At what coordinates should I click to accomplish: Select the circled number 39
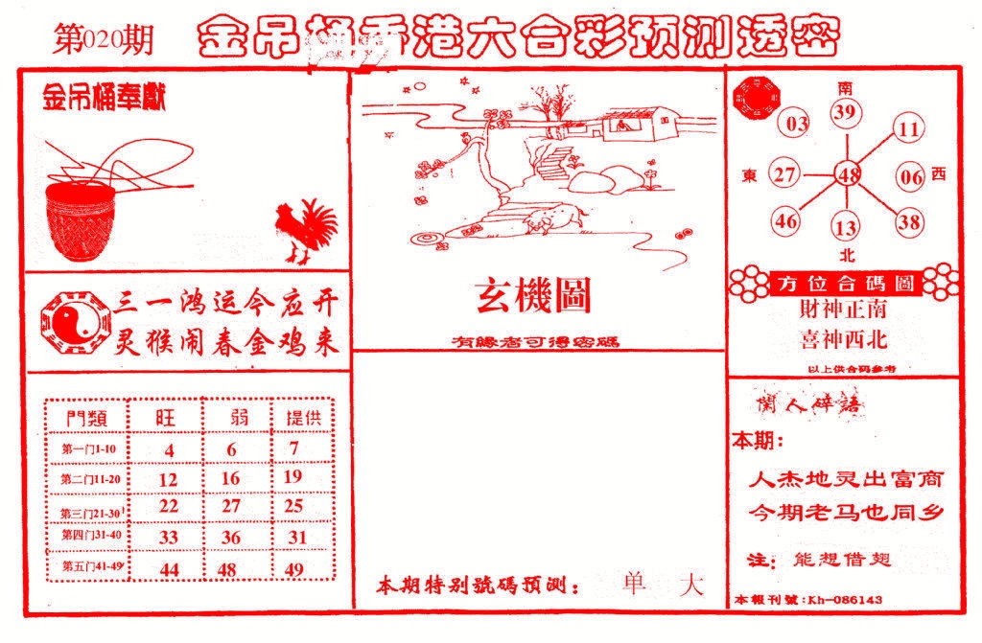(x=845, y=113)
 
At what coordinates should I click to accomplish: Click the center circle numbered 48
(x=847, y=174)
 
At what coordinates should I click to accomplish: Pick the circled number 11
(x=909, y=128)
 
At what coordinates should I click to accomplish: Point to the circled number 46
(x=786, y=221)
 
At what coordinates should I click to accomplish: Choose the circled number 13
(x=845, y=227)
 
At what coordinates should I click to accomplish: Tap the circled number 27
(x=785, y=175)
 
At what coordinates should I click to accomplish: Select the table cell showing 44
(x=169, y=569)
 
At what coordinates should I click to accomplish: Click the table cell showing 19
(x=293, y=476)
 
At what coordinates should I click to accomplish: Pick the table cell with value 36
(x=230, y=538)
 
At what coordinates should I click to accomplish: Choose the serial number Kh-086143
(x=844, y=601)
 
